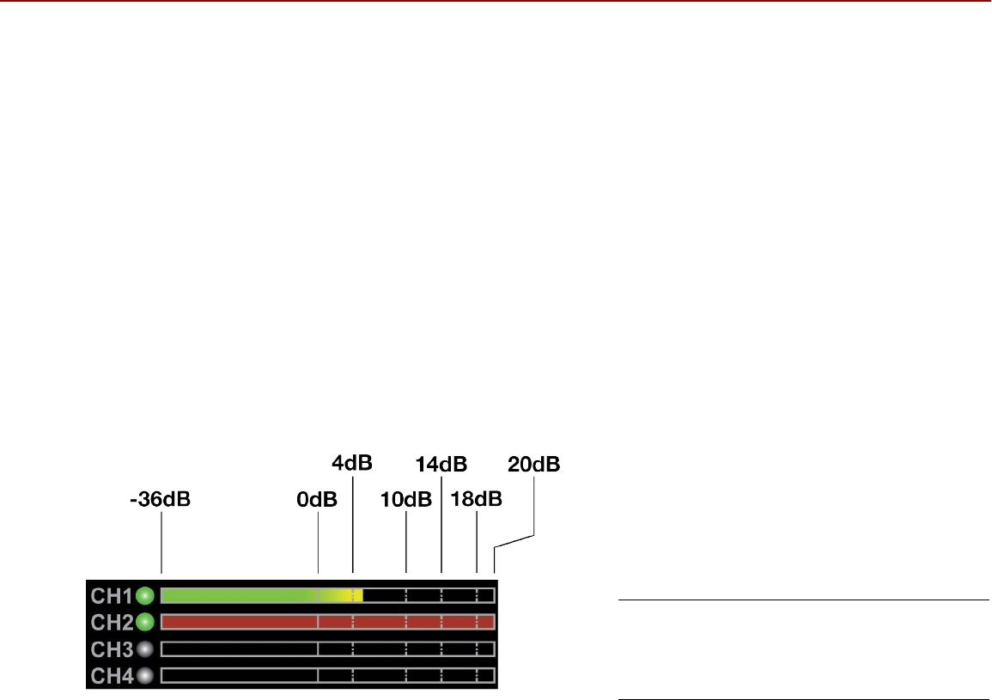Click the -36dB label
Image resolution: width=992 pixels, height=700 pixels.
pyautogui.click(x=160, y=500)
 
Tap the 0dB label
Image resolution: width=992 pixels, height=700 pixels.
pyautogui.click(x=318, y=500)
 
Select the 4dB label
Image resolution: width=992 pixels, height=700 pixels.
pyautogui.click(x=352, y=464)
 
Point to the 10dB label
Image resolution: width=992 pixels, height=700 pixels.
pyautogui.click(x=406, y=500)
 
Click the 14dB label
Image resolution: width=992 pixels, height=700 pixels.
pyautogui.click(x=441, y=465)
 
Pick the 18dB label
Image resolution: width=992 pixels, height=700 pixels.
pyautogui.click(x=477, y=500)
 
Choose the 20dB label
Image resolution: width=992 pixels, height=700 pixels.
pyautogui.click(x=534, y=465)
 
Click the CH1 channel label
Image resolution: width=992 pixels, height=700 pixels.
pyautogui.click(x=112, y=594)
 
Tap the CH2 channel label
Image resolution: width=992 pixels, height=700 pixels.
pyautogui.click(x=112, y=621)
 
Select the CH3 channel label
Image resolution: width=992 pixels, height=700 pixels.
pyautogui.click(x=112, y=648)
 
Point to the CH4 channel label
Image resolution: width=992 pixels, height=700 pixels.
pyautogui.click(x=112, y=676)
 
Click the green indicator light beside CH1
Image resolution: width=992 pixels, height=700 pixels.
pyautogui.click(x=145, y=594)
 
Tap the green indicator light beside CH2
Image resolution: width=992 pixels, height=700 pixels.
pyautogui.click(x=145, y=621)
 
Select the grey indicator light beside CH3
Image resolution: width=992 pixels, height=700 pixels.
pyautogui.click(x=145, y=648)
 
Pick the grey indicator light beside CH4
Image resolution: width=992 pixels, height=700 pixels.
pyautogui.click(x=145, y=676)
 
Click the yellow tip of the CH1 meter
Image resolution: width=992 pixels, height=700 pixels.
pyautogui.click(x=356, y=594)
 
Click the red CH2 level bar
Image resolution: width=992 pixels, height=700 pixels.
pyautogui.click(x=326, y=622)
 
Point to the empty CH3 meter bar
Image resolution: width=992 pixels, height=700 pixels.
pyautogui.click(x=326, y=648)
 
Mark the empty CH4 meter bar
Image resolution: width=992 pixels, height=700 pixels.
pyautogui.click(x=326, y=676)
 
